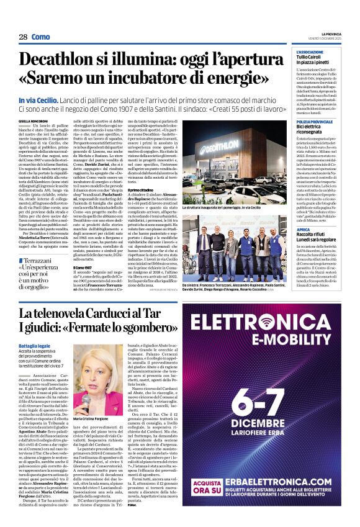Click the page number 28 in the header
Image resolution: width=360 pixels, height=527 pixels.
[x=23, y=37]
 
